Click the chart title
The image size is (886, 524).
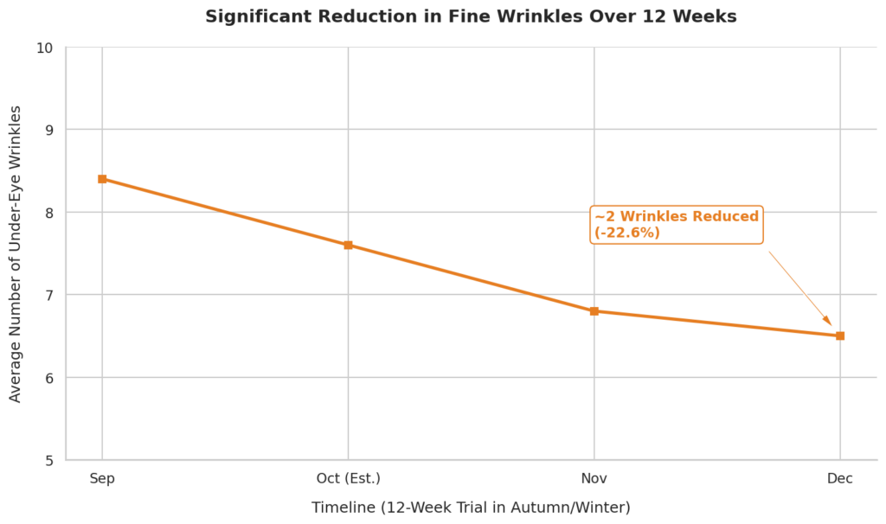(x=471, y=16)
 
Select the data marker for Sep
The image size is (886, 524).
(x=102, y=179)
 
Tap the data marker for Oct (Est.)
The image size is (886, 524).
(x=348, y=245)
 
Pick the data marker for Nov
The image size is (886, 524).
(x=594, y=311)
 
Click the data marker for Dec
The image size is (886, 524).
(x=840, y=336)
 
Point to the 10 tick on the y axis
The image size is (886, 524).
(x=45, y=48)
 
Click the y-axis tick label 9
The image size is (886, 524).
(x=49, y=130)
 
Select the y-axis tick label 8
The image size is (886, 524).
(x=49, y=213)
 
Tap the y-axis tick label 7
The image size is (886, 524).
(x=49, y=296)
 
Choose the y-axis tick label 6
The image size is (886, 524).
(x=49, y=378)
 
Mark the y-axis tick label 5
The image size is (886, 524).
(x=49, y=461)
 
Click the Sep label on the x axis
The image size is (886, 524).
(x=102, y=479)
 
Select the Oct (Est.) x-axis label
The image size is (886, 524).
(x=349, y=479)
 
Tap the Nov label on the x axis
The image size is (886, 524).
(x=594, y=479)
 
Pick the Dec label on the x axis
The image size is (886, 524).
(x=840, y=479)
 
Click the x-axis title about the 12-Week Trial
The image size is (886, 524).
(x=471, y=508)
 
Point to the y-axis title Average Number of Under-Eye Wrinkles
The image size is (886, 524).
(x=16, y=254)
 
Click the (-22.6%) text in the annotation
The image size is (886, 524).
(x=627, y=233)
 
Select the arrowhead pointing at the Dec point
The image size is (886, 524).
(x=828, y=322)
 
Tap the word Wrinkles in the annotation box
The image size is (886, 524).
(x=654, y=216)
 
